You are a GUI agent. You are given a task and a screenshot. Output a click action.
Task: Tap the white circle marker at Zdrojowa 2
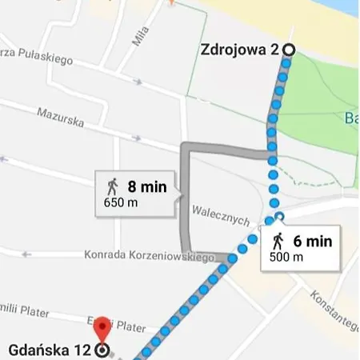[x=288, y=50]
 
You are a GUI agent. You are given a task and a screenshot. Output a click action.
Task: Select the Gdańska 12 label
[x=50, y=350]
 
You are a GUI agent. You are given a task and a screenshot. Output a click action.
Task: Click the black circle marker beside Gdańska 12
[x=102, y=350]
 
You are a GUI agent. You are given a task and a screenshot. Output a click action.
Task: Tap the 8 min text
[x=146, y=187]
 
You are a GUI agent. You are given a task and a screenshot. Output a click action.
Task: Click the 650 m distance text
[x=120, y=202]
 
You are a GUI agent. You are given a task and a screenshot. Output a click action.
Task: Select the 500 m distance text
[x=286, y=257]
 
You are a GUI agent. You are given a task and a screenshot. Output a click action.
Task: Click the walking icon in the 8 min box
[x=112, y=187]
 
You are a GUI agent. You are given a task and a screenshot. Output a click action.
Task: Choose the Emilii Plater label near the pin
[x=124, y=326]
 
